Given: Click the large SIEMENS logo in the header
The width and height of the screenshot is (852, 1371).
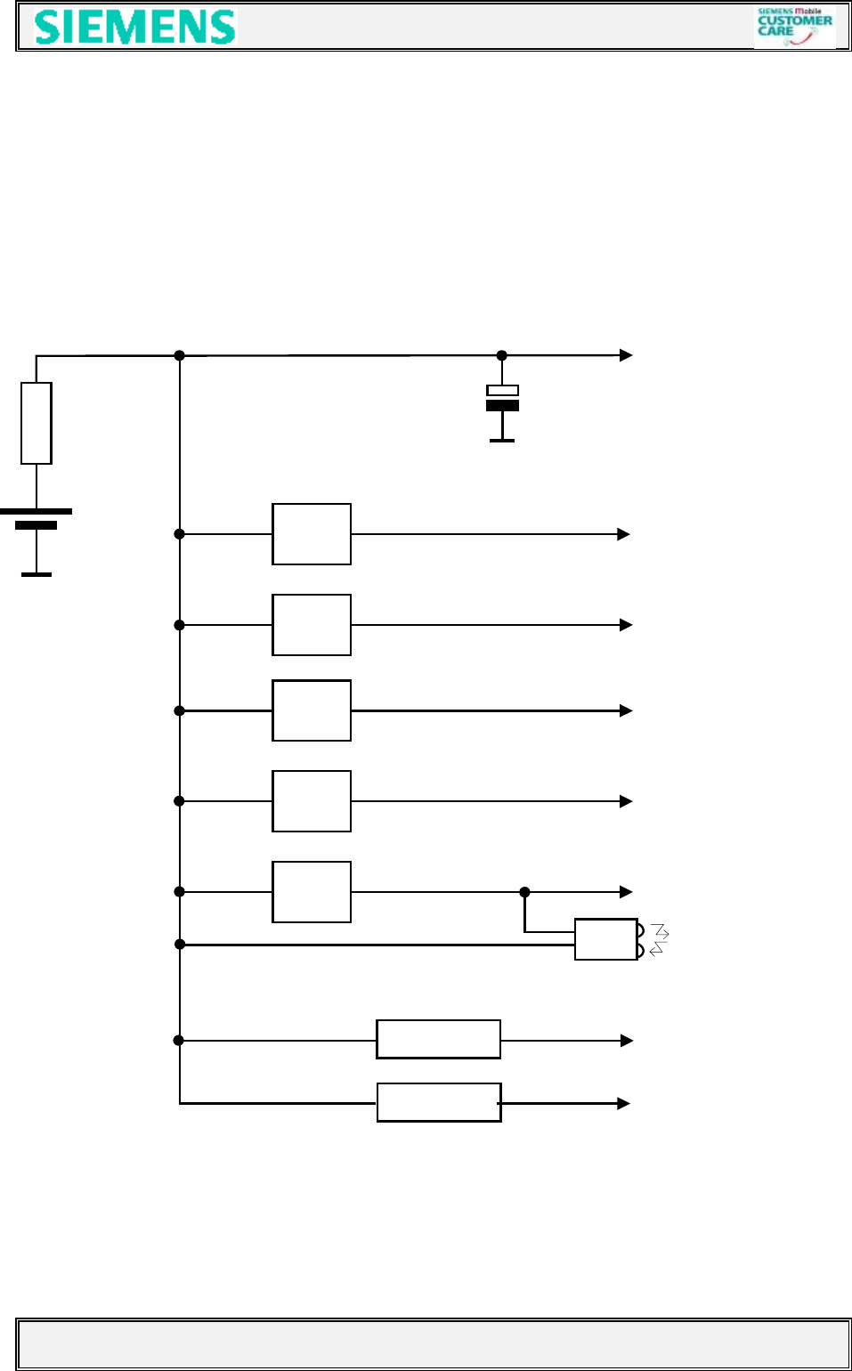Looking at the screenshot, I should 135,27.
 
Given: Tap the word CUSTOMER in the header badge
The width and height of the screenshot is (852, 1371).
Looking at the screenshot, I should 795,20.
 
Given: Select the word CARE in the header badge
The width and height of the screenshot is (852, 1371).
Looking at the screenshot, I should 775,31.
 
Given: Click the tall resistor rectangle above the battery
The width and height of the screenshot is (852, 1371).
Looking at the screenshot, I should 37,423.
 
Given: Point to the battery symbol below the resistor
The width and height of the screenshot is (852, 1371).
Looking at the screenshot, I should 37,518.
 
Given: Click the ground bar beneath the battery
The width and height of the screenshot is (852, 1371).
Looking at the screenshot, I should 37,574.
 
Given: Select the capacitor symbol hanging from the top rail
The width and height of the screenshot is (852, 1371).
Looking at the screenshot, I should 502,398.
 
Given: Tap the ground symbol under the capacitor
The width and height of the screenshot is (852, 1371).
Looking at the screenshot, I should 502,440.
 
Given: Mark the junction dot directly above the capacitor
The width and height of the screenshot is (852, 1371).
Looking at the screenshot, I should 501,355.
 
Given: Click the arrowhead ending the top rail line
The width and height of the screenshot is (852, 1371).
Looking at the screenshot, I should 626,355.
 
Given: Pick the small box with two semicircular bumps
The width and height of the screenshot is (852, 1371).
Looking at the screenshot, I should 607,939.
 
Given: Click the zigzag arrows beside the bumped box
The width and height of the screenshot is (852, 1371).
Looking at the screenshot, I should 659,939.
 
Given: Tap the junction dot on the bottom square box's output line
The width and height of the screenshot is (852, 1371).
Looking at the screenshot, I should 524,892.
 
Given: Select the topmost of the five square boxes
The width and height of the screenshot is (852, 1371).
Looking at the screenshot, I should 312,534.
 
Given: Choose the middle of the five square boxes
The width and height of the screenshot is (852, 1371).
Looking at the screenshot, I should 312,710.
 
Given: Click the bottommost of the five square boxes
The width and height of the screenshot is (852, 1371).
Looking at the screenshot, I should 312,892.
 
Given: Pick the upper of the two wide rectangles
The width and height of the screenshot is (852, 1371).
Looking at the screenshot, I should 438,1039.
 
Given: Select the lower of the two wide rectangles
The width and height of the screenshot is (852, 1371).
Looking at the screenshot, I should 439,1102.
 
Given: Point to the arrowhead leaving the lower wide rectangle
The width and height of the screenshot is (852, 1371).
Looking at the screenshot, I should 623,1103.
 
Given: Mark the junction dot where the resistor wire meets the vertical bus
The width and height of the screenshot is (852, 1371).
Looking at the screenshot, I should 179,355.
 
